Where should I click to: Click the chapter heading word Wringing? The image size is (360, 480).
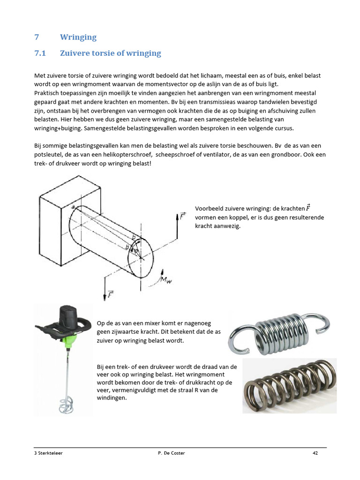point(78,37)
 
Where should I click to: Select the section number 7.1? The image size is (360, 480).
point(41,53)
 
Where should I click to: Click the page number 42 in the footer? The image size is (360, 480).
point(315,453)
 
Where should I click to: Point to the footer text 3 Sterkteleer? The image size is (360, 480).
point(49,453)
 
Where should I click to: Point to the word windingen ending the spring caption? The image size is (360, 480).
point(112,398)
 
